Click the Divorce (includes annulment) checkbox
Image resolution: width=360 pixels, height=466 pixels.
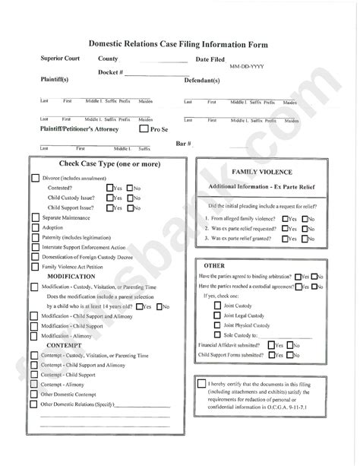click(36, 177)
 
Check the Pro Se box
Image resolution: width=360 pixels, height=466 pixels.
click(144, 129)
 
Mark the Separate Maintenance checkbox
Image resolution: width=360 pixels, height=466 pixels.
click(36, 217)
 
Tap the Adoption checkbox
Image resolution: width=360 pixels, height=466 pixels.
click(36, 227)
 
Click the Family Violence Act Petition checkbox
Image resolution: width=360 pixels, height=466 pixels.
click(36, 267)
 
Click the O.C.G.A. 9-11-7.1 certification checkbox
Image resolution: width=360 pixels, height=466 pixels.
click(201, 383)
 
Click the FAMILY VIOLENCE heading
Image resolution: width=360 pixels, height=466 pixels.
click(261, 173)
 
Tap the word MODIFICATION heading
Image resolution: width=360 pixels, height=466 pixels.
click(75, 277)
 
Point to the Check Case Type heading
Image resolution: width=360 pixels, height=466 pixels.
click(109, 163)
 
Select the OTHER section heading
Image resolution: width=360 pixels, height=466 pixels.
click(214, 265)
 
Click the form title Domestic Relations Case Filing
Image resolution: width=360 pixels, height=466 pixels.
click(180, 45)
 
